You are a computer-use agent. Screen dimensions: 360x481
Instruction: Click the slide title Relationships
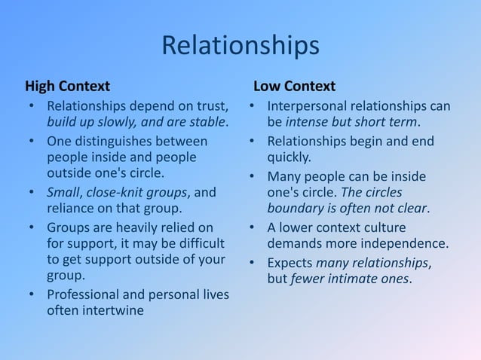(x=240, y=46)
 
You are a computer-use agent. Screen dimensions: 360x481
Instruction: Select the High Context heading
(x=68, y=86)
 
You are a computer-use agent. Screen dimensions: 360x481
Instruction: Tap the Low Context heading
(x=294, y=86)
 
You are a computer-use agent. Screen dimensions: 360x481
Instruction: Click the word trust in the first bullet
(x=210, y=105)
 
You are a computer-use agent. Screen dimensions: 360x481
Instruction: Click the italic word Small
(x=63, y=192)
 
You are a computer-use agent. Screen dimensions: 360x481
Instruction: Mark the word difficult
(x=199, y=244)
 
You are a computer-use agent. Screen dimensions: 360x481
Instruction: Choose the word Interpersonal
(x=310, y=105)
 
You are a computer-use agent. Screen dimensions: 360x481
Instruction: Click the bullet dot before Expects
(x=252, y=263)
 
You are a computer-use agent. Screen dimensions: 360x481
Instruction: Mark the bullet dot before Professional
(x=31, y=294)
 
